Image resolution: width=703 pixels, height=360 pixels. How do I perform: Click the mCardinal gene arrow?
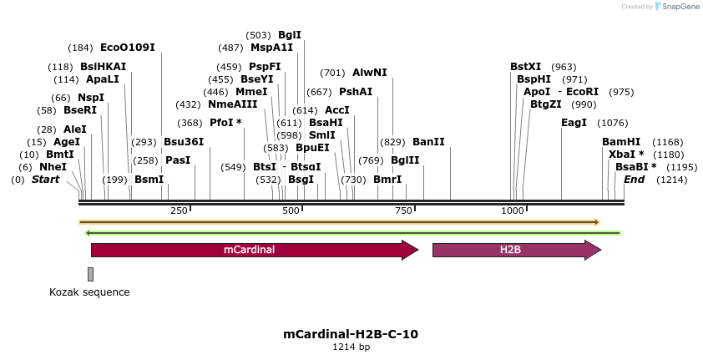tap(250, 250)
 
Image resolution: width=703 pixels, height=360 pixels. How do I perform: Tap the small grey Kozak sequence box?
tap(90, 274)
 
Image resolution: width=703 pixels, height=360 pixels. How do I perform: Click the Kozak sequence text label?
tap(89, 292)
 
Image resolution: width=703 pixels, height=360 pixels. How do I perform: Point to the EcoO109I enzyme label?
tap(127, 48)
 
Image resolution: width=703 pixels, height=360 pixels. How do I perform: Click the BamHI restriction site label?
tap(621, 142)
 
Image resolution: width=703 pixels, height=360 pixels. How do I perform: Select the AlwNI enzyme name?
tap(369, 73)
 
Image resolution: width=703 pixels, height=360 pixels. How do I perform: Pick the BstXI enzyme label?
tap(525, 67)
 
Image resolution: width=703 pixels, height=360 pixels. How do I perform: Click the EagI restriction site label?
tap(574, 123)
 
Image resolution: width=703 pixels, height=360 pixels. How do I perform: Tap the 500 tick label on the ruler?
tap(291, 211)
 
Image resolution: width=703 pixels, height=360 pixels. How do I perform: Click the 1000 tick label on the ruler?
tap(512, 211)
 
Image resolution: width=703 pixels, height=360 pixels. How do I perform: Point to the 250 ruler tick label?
tap(179, 211)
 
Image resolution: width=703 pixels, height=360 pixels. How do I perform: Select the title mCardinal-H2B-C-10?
tap(351, 334)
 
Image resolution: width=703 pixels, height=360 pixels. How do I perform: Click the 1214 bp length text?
tap(351, 347)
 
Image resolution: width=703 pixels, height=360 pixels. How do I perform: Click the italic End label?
tap(634, 180)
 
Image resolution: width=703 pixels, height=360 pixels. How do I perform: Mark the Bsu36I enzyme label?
tap(183, 142)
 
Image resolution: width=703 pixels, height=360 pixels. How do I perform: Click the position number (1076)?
tap(613, 123)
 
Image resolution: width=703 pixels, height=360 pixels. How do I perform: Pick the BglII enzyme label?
tap(404, 160)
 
